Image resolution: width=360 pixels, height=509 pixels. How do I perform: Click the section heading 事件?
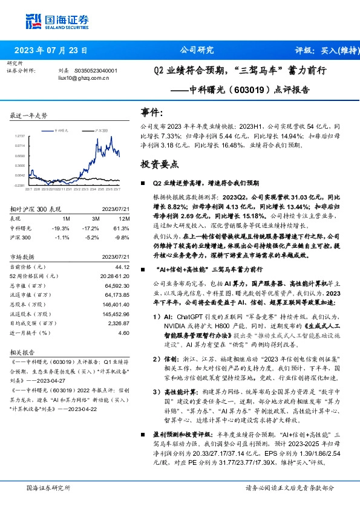(x=152, y=113)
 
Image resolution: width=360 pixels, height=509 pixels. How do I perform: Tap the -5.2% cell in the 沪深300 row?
(x=94, y=238)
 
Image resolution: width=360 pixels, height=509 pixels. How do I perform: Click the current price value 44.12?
(x=122, y=267)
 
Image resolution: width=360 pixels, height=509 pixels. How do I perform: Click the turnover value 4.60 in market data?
(x=123, y=333)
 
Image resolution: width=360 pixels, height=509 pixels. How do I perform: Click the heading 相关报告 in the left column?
(x=22, y=351)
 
